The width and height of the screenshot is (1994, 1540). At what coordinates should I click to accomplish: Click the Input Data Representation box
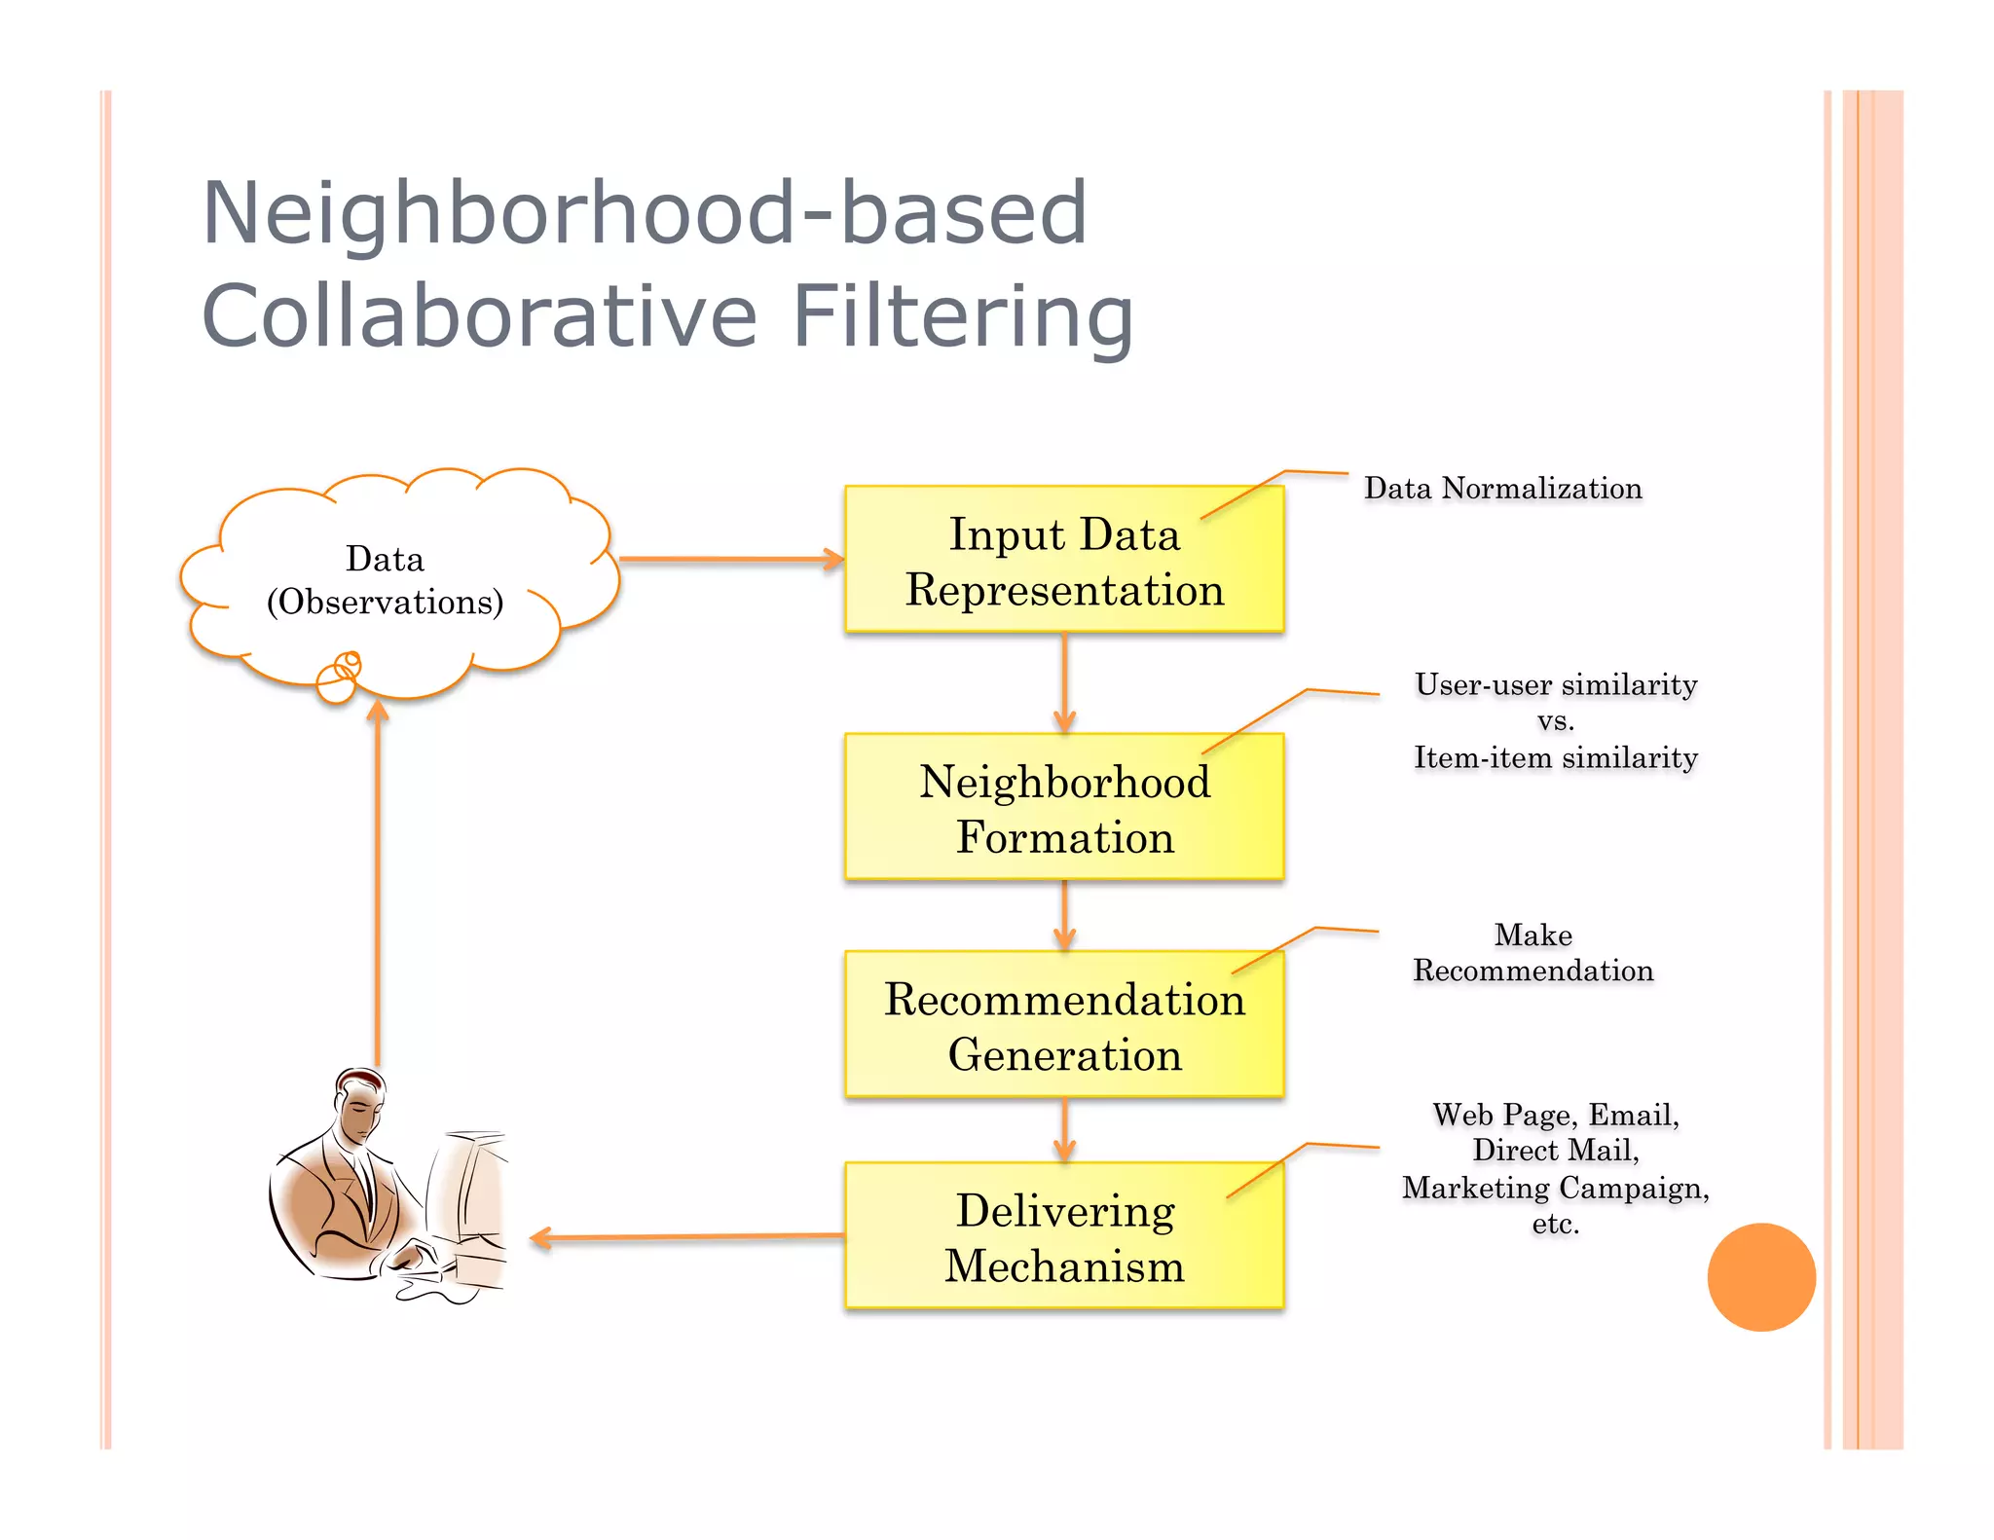pos(1063,560)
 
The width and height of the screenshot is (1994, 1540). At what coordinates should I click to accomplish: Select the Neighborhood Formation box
pos(1063,807)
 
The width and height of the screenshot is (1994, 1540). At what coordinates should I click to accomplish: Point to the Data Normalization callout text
pos(1502,488)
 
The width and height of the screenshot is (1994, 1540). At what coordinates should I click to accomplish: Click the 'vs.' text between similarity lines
pos(1555,721)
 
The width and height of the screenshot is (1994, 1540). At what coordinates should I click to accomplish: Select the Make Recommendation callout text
pos(1532,953)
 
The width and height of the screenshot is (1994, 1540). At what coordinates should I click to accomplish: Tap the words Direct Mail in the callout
pos(1555,1151)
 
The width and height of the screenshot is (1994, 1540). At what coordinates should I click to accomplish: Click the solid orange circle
pos(1760,1277)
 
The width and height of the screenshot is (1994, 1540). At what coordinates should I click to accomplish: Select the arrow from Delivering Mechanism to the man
pos(687,1237)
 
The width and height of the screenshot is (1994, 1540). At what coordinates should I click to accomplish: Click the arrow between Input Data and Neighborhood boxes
pos(1064,682)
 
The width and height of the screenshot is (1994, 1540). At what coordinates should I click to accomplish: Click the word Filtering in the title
pos(962,315)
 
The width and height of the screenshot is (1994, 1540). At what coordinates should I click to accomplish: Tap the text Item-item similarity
pos(1555,757)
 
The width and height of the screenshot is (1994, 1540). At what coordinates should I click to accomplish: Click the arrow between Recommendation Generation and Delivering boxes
pos(1064,1129)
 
